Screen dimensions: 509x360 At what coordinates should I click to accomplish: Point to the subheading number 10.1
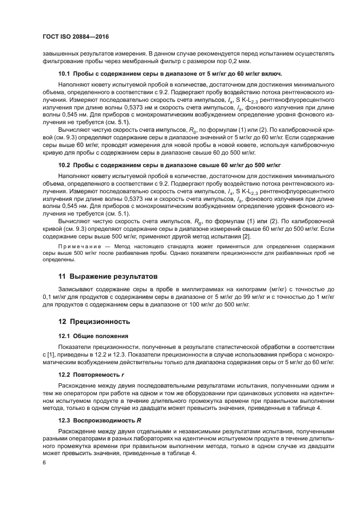coord(64,73)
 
